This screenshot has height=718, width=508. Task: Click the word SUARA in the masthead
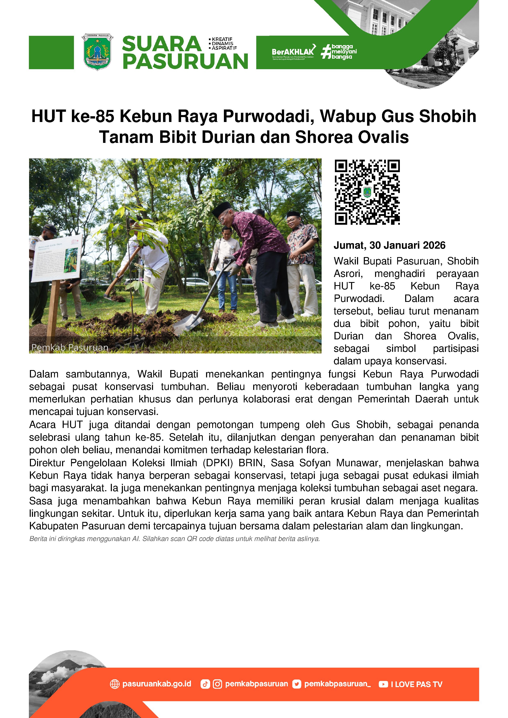point(161,44)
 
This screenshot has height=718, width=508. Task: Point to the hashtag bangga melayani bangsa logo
point(339,52)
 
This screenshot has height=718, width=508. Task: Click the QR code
point(367,192)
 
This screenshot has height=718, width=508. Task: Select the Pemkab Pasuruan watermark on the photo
point(70,347)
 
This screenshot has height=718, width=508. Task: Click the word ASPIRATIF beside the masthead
point(224,48)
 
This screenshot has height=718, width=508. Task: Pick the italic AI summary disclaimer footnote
point(174,539)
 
